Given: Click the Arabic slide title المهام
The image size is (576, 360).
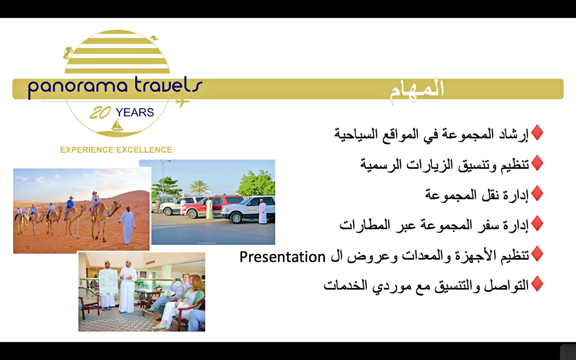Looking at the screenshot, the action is click(417, 90).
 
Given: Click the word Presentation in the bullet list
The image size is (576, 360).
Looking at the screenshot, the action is click(282, 257).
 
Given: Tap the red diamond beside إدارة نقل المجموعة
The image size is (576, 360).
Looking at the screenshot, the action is click(537, 193).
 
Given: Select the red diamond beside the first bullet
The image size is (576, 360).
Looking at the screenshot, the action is click(537, 132).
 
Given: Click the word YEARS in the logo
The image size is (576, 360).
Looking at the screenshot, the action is click(135, 112).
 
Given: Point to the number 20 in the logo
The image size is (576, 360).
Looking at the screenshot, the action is click(100, 112).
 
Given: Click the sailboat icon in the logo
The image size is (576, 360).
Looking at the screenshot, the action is click(117, 125).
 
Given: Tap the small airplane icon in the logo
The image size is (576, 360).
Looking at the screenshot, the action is click(182, 102).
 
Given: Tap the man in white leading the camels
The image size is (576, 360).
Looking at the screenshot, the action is click(127, 225).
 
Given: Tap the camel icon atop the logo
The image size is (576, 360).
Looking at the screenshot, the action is click(154, 39).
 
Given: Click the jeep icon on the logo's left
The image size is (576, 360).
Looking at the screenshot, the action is click(68, 53).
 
